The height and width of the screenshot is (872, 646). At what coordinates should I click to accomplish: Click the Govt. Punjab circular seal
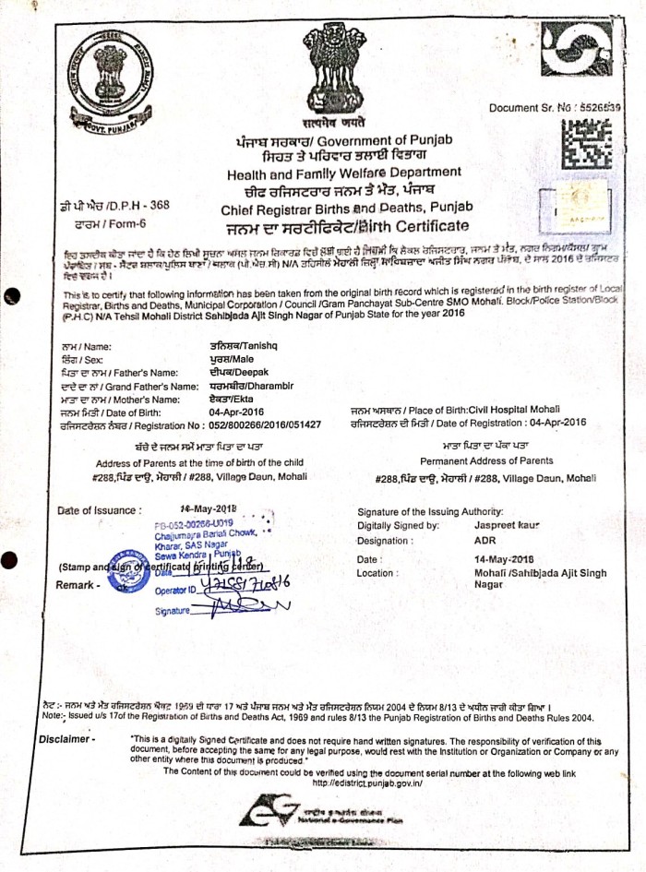pos(110,73)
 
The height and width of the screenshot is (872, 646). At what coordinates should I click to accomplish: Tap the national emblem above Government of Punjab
pos(335,69)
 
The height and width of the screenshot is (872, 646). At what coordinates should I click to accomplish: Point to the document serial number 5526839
pos(599,107)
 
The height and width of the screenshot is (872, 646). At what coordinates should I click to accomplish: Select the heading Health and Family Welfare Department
pos(345,173)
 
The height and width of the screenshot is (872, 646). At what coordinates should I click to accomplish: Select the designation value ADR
pos(484,540)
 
